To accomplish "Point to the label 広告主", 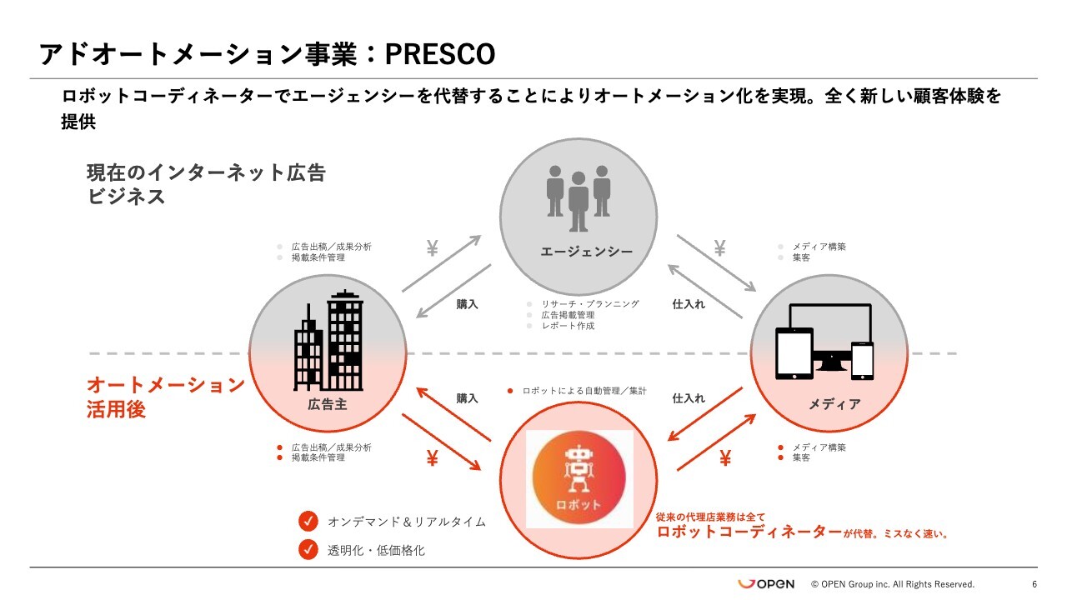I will [328, 405].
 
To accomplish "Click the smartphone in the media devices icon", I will [863, 360].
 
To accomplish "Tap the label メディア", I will [834, 404].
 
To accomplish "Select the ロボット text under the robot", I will [579, 505].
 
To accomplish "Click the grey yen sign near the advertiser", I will [432, 248].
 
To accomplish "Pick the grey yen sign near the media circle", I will [719, 247].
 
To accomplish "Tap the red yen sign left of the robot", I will [432, 458].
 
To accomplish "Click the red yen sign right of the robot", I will [725, 458].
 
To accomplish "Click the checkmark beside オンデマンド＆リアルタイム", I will [308, 522].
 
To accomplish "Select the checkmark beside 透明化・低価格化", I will [308, 550].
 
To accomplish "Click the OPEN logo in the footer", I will [766, 584].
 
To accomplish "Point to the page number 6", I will [1034, 584].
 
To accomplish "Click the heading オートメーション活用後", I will [165, 397].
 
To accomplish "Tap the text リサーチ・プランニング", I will [590, 304].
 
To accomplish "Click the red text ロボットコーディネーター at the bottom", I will [749, 532].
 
